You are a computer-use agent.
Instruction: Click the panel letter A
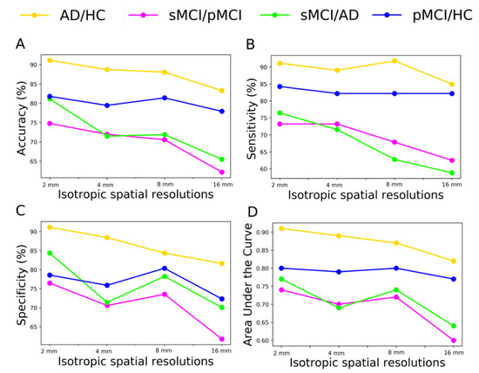tap(18, 44)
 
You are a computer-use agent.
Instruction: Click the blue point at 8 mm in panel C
tap(164, 268)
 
